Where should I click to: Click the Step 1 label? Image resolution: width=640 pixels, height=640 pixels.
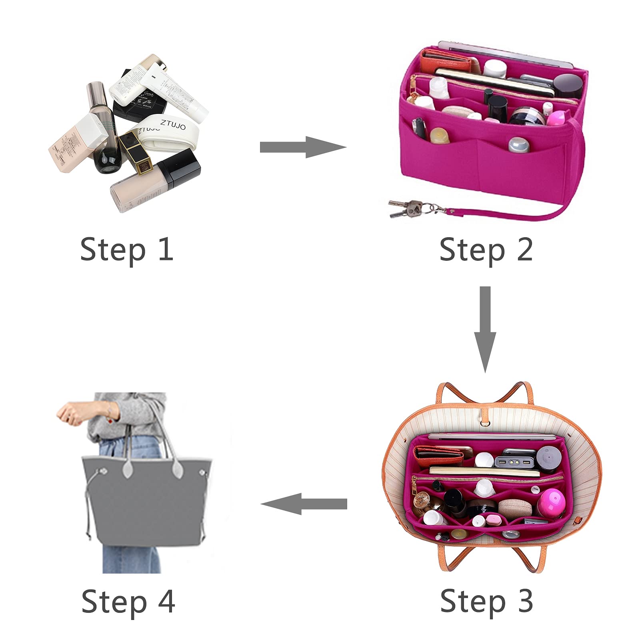click(x=126, y=249)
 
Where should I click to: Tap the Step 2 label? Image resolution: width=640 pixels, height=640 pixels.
click(x=486, y=249)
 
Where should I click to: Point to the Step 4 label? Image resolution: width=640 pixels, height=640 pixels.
click(x=128, y=601)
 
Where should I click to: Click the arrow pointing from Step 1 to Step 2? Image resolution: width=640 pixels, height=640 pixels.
click(x=302, y=147)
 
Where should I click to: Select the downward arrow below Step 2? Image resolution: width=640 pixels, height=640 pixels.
click(x=485, y=329)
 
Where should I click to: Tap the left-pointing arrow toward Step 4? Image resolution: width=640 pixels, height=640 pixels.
click(x=304, y=504)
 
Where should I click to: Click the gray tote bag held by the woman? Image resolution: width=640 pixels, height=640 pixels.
click(x=146, y=500)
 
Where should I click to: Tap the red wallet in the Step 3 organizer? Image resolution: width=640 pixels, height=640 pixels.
click(x=438, y=456)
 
